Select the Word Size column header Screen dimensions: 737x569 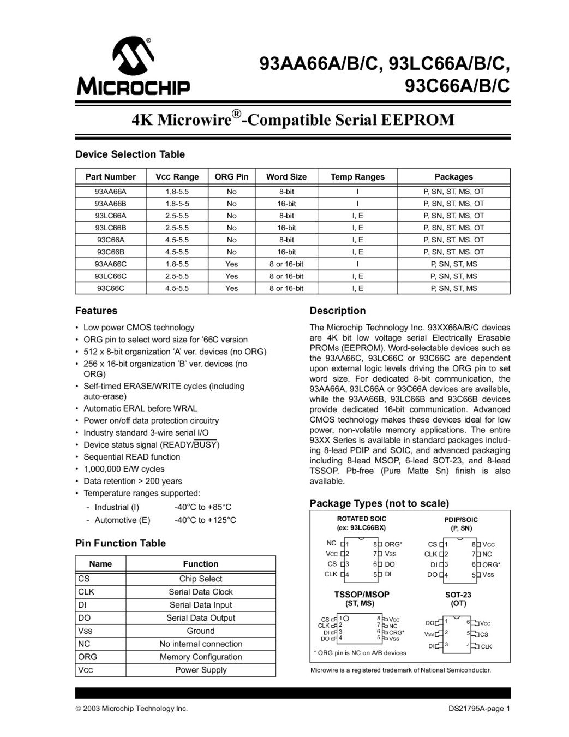286,177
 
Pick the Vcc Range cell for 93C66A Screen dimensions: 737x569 177,240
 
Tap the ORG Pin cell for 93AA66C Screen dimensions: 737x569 231,264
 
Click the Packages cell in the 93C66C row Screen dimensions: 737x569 453,288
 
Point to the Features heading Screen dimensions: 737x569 96,311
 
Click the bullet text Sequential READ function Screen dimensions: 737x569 131,457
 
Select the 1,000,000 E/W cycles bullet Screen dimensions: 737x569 124,469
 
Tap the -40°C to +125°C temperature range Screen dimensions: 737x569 205,520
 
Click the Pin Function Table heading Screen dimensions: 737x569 120,543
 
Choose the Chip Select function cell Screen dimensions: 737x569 201,579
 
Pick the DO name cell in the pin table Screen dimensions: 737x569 85,618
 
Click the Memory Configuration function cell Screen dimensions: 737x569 201,657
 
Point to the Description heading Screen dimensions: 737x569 337,311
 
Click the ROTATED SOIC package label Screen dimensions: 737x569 361,519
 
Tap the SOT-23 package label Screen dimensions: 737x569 458,595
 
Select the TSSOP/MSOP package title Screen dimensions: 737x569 362,595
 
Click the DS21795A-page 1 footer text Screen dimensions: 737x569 478,709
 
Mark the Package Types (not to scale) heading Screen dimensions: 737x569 379,503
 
